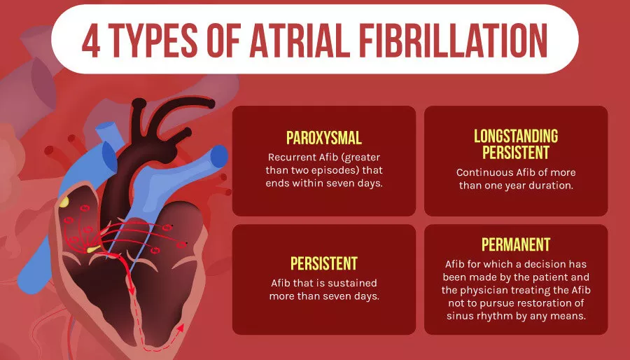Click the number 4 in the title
[91, 41]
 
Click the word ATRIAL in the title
[300, 41]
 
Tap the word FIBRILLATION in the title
[453, 41]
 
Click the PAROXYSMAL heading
[324, 138]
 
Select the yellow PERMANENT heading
[516, 244]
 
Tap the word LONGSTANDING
[516, 136]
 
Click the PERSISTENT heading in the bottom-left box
[324, 263]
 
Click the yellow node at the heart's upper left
[64, 202]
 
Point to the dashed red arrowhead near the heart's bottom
[181, 328]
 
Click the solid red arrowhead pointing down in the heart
[131, 289]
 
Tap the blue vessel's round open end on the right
[219, 156]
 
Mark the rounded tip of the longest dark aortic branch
[210, 103]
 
